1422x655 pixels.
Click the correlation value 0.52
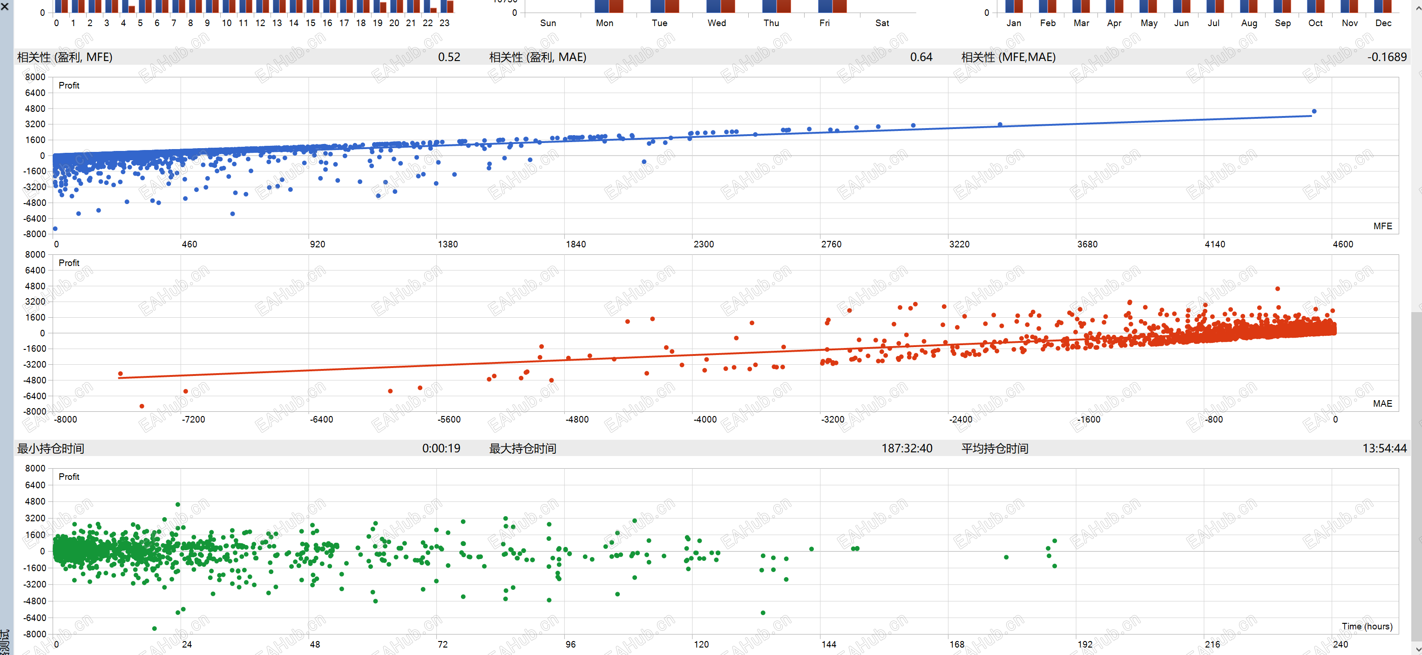(449, 57)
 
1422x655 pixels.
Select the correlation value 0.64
(921, 57)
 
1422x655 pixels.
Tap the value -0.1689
(1387, 57)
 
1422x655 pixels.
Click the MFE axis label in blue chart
(1382, 226)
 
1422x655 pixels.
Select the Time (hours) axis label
(1367, 626)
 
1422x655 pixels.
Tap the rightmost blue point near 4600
(1314, 111)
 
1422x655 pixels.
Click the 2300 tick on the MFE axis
(703, 244)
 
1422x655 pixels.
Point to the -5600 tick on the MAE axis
(449, 420)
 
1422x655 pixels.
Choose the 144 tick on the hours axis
(829, 644)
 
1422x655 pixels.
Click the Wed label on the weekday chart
(717, 23)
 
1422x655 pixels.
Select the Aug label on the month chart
(1249, 23)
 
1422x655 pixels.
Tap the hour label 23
(444, 23)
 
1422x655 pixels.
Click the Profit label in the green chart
(69, 477)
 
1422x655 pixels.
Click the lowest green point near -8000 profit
(155, 628)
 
